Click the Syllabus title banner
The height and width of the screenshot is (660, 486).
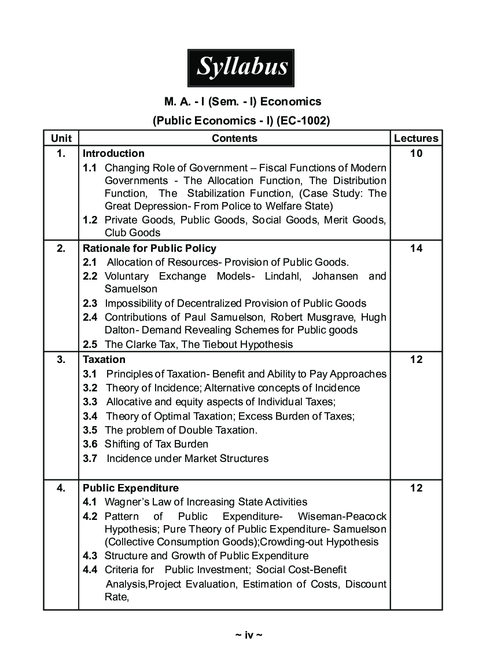[x=241, y=67]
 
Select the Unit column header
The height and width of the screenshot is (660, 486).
[x=61, y=138]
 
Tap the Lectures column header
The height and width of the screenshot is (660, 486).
[x=416, y=138]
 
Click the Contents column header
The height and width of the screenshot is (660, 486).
[x=234, y=138]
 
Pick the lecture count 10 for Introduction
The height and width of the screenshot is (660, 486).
[x=416, y=153]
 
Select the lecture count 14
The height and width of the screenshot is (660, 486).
[x=416, y=248]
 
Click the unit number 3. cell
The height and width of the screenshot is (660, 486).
[x=61, y=360]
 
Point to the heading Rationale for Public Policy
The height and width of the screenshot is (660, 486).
[x=149, y=248]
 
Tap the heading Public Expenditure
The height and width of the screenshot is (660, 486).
[x=131, y=488]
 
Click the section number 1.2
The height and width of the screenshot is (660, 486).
[x=90, y=220]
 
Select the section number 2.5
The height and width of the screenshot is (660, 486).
[x=90, y=344]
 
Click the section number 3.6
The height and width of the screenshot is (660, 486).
[x=90, y=444]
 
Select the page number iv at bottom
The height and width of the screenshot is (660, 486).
[x=249, y=635]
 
